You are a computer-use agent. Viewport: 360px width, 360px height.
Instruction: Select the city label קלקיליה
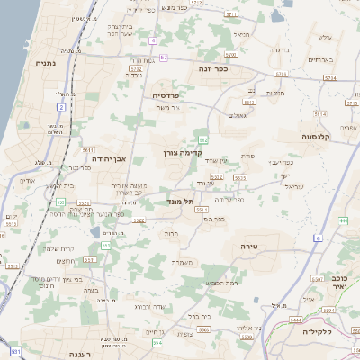pos(337,332)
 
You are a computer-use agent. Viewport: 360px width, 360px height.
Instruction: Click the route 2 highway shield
pos(63,107)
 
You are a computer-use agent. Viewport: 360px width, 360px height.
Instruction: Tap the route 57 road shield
pos(164,58)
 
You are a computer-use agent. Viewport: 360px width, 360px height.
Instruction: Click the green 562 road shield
pos(204,139)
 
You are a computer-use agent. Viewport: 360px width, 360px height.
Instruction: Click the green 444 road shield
pos(345,220)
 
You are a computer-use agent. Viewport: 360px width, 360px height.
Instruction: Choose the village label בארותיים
pos(319,59)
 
